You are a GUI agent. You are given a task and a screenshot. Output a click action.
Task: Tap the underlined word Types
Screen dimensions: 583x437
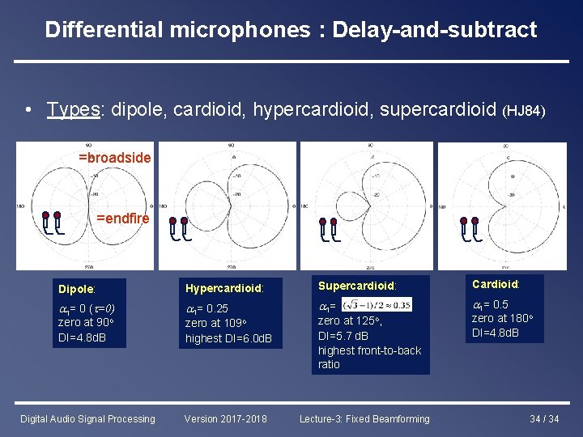tap(73, 108)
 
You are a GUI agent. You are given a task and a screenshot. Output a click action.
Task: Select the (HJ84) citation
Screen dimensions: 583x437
tap(525, 110)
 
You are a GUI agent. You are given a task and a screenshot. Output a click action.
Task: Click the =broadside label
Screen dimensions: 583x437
tap(114, 158)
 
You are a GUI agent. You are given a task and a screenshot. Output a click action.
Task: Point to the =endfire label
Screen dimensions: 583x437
tap(122, 218)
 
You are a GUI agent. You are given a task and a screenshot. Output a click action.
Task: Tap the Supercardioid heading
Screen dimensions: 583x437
tap(357, 286)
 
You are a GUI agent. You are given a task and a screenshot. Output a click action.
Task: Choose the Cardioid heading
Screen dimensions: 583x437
tap(496, 284)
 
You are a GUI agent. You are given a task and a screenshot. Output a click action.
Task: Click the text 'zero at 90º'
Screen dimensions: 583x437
tap(89, 322)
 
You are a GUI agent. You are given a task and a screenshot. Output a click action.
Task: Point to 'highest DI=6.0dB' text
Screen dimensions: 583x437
tap(228, 338)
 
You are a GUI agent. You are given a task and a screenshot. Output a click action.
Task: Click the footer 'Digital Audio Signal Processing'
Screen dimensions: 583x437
tap(87, 418)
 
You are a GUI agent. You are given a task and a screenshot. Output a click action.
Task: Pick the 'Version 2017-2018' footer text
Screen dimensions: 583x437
tap(226, 418)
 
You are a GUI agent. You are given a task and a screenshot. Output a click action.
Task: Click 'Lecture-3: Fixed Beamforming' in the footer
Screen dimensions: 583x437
tap(364, 418)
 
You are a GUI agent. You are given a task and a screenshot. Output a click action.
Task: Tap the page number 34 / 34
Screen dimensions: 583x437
tap(543, 418)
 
